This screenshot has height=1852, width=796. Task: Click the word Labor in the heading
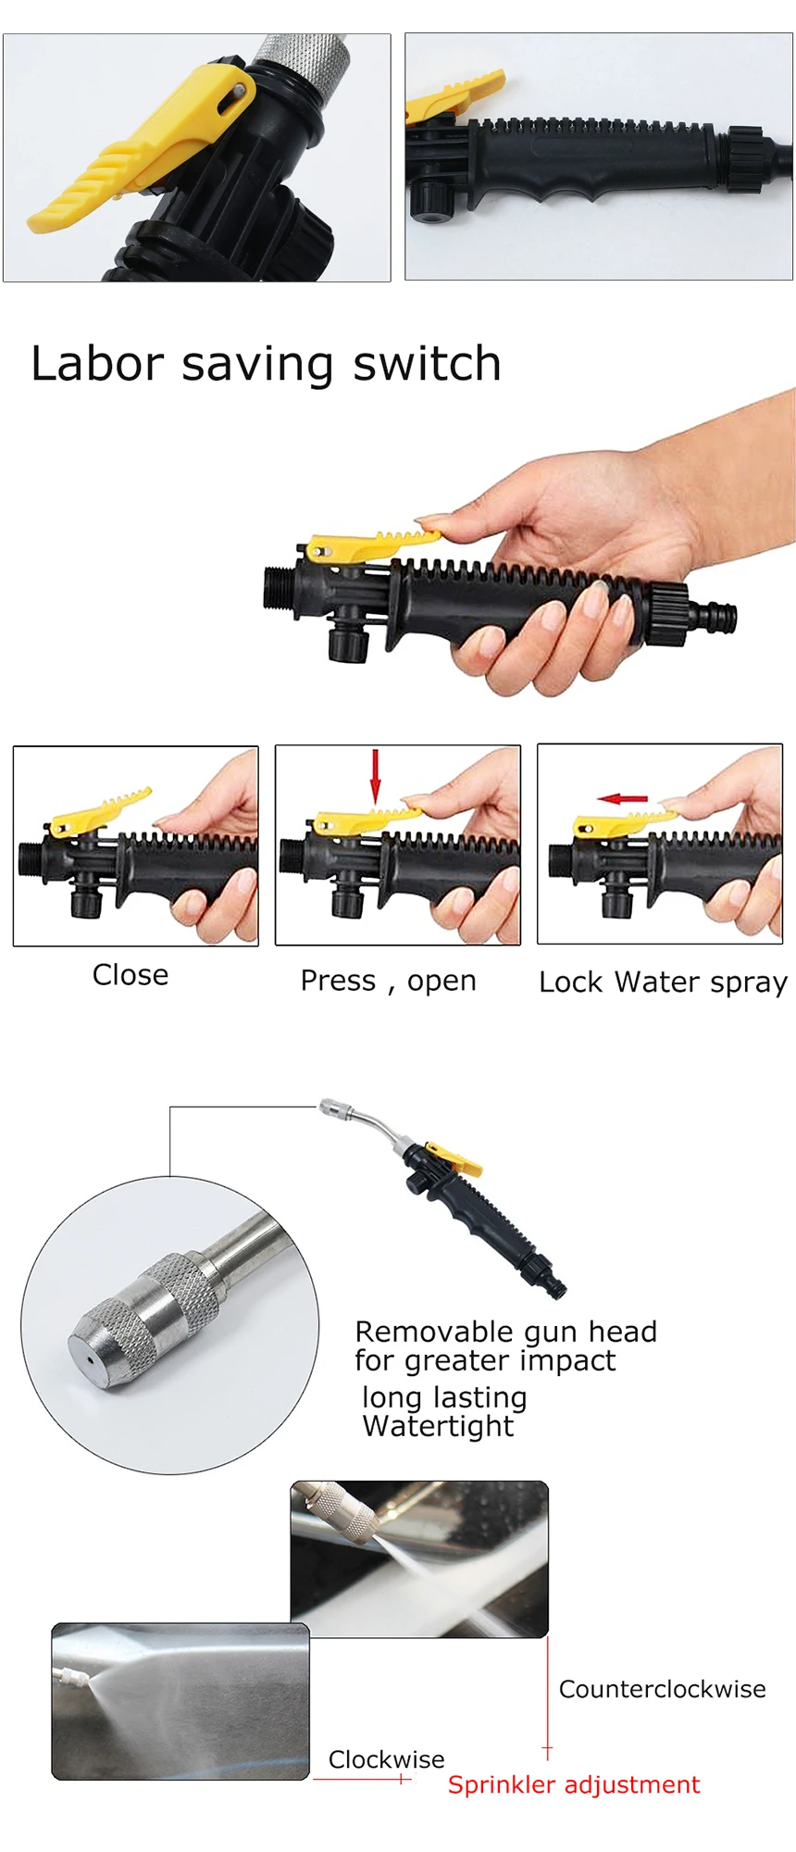(x=97, y=364)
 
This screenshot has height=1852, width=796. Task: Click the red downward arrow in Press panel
(x=375, y=775)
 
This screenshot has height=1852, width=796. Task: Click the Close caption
(x=131, y=975)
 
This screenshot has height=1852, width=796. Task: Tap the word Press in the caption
(x=338, y=981)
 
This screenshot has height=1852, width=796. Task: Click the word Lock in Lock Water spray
(x=570, y=982)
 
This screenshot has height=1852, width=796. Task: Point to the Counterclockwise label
(x=662, y=1689)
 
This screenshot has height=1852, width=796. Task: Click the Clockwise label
(x=386, y=1759)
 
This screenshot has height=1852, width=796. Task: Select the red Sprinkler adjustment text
(x=574, y=1785)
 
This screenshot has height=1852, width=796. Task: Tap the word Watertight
(x=438, y=1426)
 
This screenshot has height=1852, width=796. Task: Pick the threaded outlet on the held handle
(x=278, y=587)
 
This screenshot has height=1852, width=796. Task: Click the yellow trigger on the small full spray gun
(x=455, y=1157)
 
